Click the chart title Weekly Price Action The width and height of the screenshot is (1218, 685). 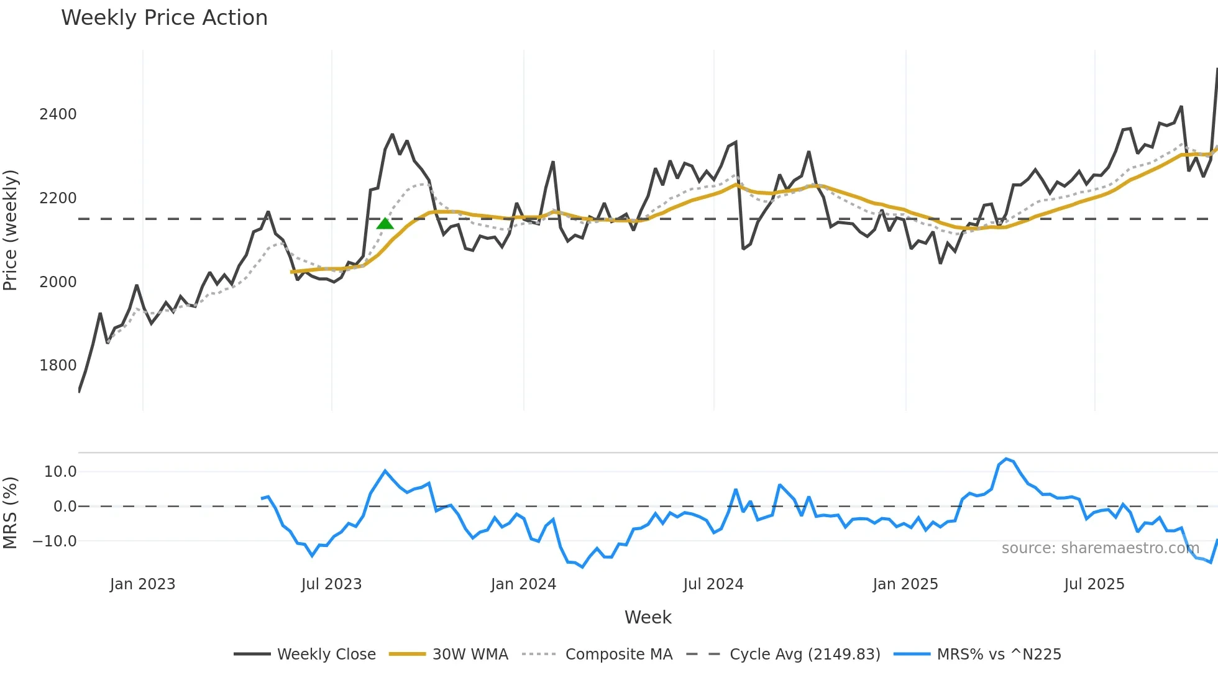(164, 17)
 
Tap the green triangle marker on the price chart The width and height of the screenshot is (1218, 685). (385, 224)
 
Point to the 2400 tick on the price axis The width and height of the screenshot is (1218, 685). (58, 114)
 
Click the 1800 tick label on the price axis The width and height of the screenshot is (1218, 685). (58, 365)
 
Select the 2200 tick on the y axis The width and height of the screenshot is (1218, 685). (58, 198)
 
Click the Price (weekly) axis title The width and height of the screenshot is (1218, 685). (11, 230)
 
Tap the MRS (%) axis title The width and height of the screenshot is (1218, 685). (11, 513)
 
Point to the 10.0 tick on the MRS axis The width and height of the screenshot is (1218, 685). (60, 472)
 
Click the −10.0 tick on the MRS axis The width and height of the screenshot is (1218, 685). (55, 541)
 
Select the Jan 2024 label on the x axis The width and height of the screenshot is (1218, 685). (523, 584)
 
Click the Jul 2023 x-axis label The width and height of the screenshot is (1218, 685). (331, 584)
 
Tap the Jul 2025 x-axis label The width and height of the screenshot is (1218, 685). (1094, 584)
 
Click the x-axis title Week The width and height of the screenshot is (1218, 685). (648, 617)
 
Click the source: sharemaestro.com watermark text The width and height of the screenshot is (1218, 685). (1100, 548)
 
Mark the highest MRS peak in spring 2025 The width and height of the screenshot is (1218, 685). (1006, 459)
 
